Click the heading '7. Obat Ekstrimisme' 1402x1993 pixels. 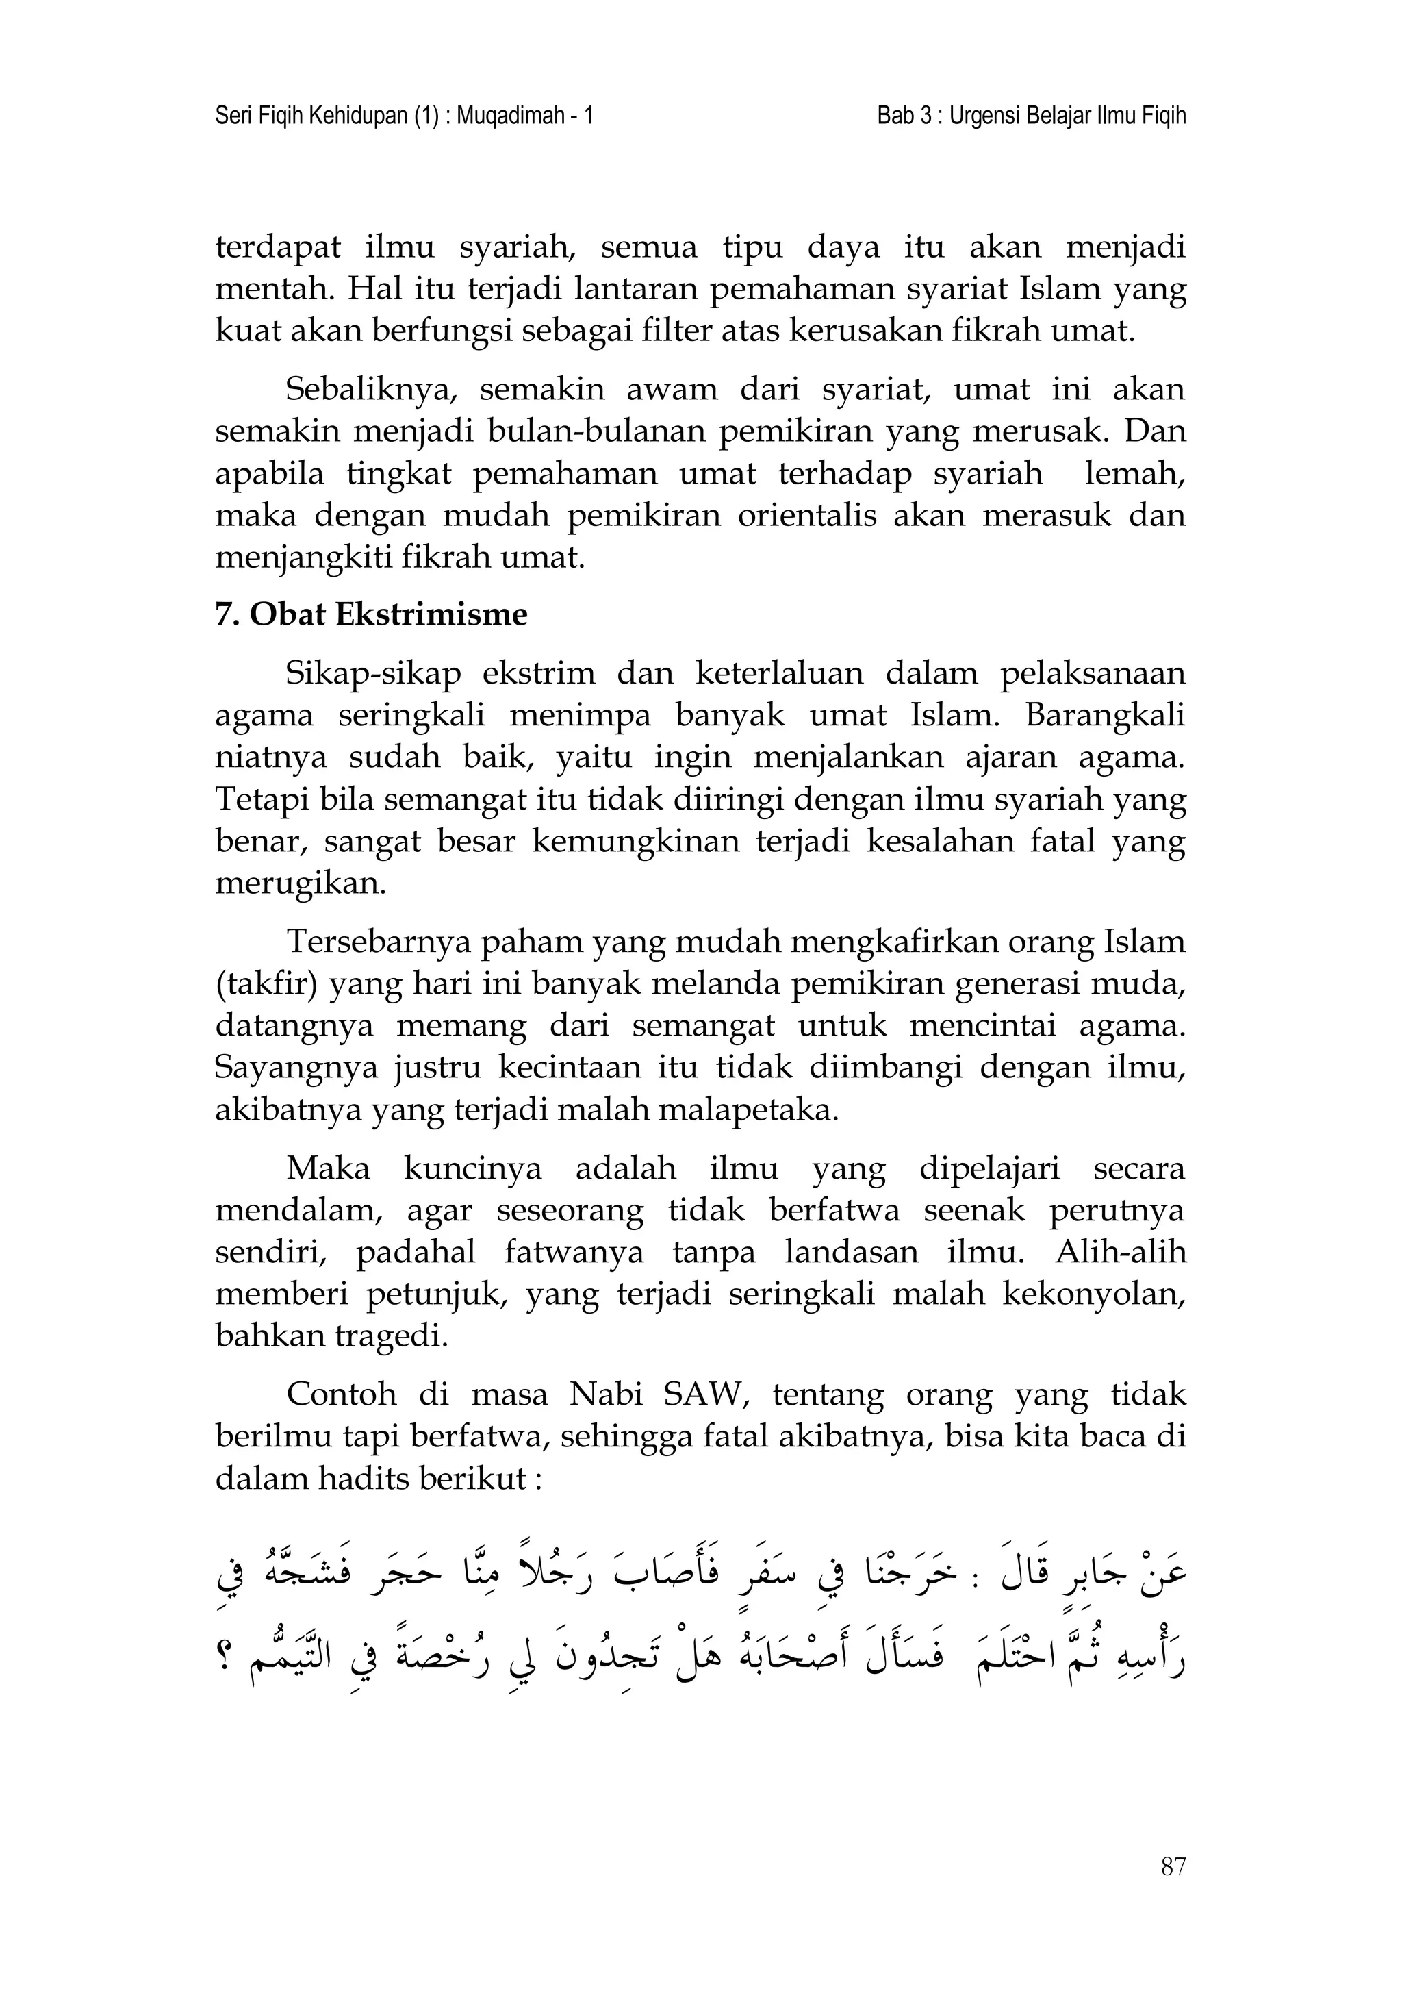[x=370, y=614]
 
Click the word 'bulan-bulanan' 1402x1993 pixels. [x=598, y=431]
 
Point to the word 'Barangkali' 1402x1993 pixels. [x=1104, y=715]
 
